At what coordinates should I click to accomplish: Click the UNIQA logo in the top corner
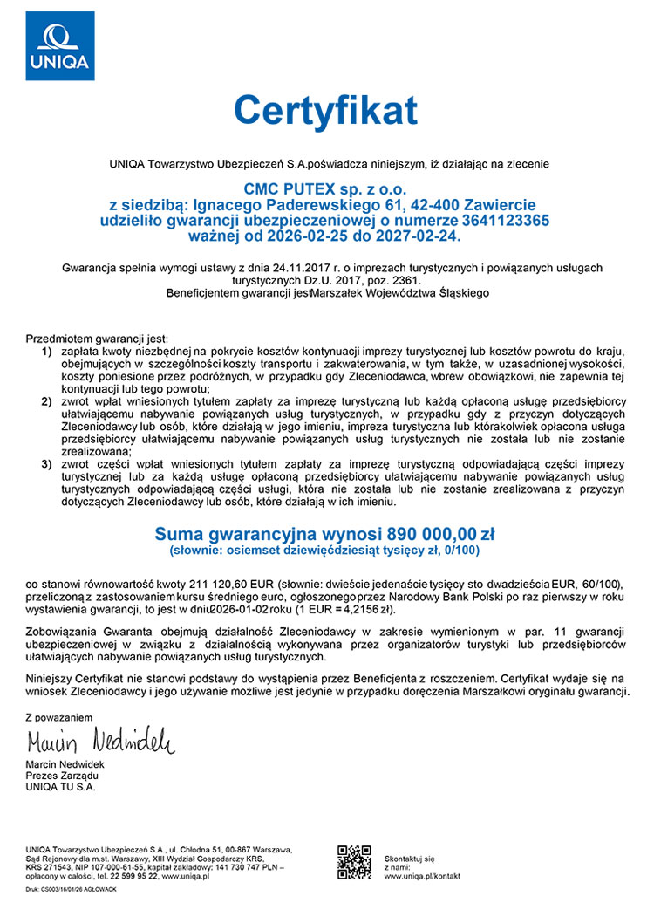click(59, 45)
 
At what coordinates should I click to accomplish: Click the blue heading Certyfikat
click(324, 111)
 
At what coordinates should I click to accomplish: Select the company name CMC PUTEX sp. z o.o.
click(324, 188)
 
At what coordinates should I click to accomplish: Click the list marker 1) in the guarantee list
click(46, 351)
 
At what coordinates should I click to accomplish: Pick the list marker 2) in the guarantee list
click(46, 400)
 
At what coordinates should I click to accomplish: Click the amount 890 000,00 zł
click(430, 532)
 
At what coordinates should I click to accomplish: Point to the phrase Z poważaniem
click(58, 716)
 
